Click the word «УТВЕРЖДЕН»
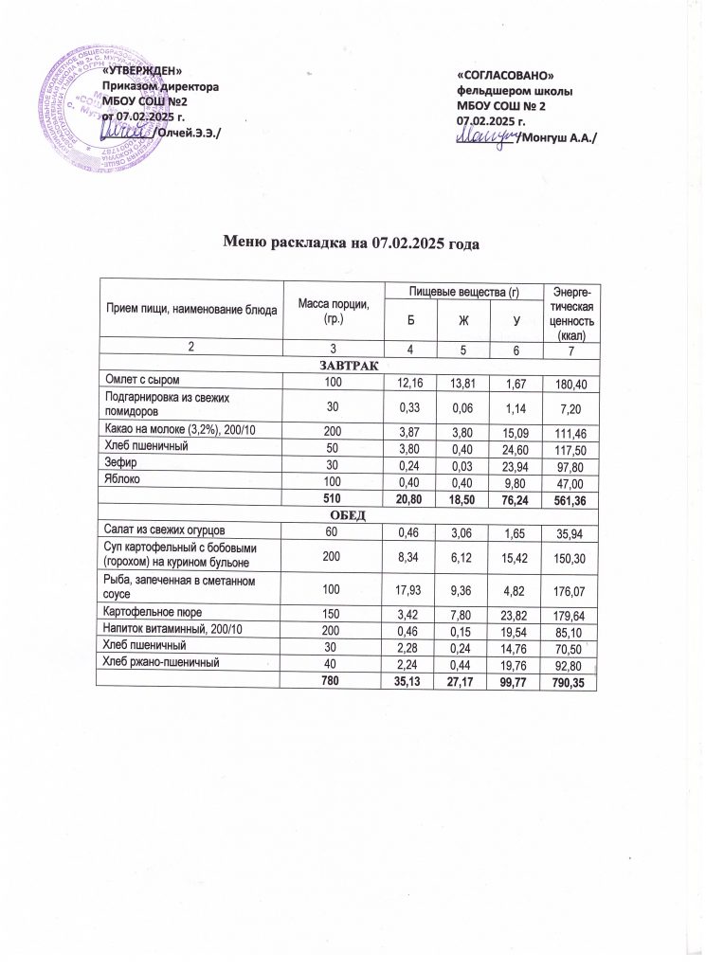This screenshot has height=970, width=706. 142,73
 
